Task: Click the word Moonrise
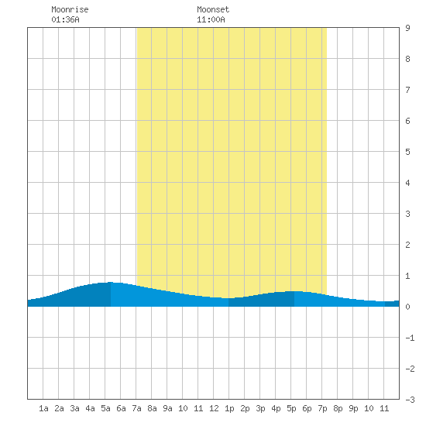click(70, 9)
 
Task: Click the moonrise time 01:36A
click(66, 19)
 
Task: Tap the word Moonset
click(213, 9)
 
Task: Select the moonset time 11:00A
click(211, 19)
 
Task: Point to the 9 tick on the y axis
click(407, 28)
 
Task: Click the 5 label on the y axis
click(407, 152)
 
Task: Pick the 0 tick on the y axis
click(407, 307)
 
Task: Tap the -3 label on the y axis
click(410, 400)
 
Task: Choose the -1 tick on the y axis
click(410, 338)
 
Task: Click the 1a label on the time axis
click(43, 408)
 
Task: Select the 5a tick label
click(105, 408)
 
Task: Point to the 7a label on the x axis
click(136, 408)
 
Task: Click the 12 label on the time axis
click(214, 408)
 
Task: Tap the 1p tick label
click(229, 408)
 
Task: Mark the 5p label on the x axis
click(291, 408)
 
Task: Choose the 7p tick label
click(322, 408)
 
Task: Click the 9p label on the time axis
click(353, 408)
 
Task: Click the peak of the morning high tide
click(111, 282)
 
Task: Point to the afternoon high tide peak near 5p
click(294, 291)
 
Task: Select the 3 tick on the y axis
click(407, 214)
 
